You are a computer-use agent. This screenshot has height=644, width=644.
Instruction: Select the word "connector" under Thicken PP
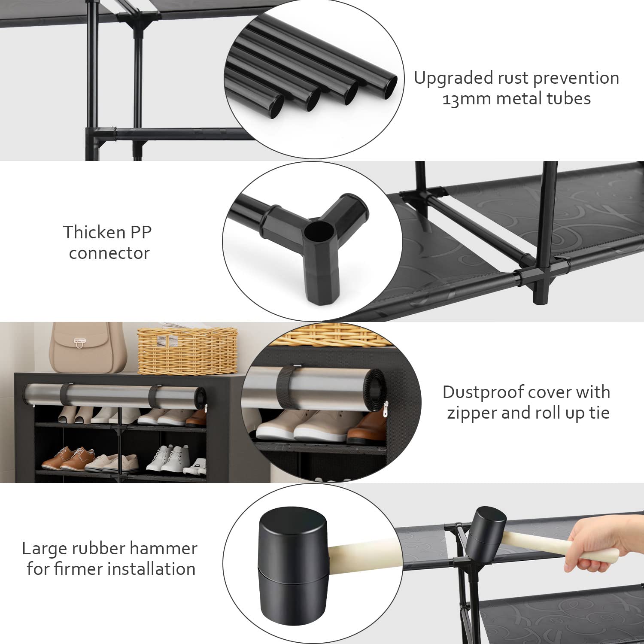109,253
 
